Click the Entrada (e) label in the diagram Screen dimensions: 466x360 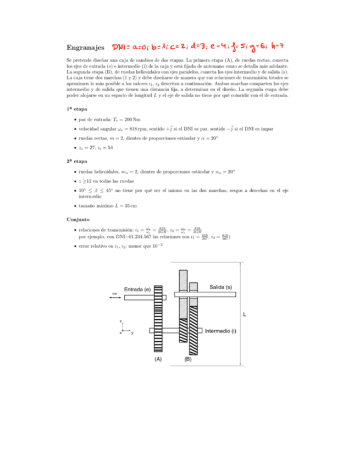(137, 289)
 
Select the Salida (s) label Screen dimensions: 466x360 (220, 287)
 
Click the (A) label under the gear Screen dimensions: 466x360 (158, 359)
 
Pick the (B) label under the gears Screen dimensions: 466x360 (187, 359)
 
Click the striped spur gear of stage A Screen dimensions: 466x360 (158, 319)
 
